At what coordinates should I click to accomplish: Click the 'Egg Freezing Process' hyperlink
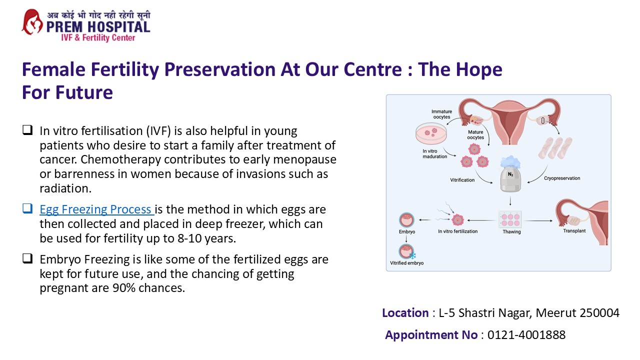pos(96,209)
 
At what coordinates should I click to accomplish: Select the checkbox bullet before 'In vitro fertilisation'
pos(27,131)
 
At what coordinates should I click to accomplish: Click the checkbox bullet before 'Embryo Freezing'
pos(27,259)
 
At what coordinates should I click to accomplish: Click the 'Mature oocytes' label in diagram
pos(475,135)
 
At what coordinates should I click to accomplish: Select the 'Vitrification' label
pos(462,180)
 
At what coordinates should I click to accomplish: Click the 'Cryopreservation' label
pos(561,178)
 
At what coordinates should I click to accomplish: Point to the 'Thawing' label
pos(511,232)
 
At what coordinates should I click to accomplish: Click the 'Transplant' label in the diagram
pos(574,231)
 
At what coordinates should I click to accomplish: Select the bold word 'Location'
pos(405,313)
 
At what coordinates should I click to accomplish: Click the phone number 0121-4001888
pos(526,335)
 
